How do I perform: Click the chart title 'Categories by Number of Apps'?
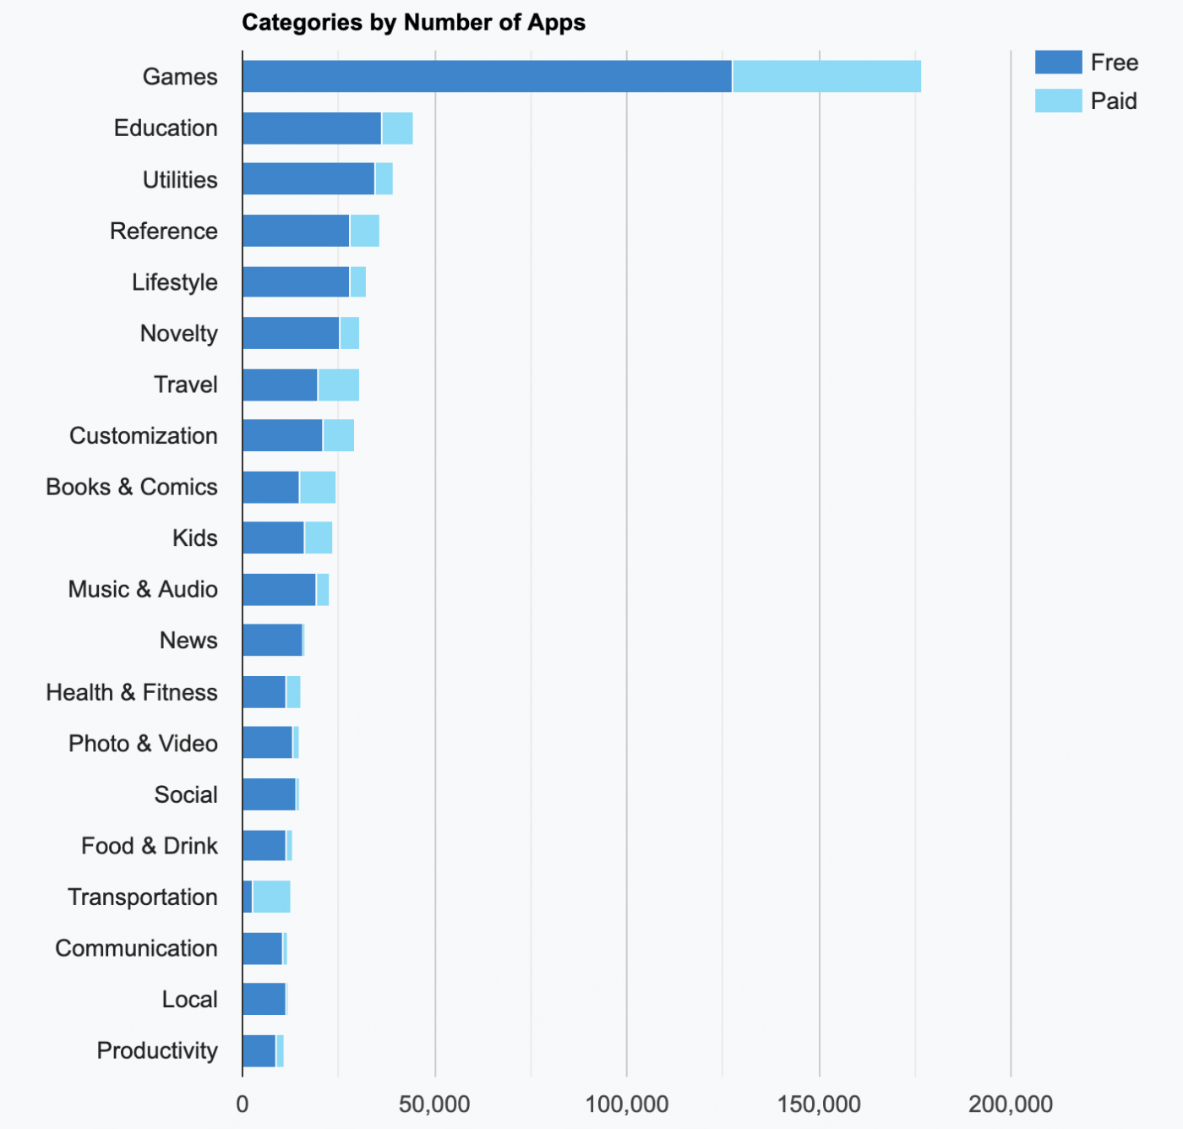[x=413, y=23]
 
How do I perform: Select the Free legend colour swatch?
[x=1058, y=63]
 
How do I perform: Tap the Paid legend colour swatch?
[x=1058, y=101]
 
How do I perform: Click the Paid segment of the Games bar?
[x=826, y=77]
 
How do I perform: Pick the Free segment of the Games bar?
[x=487, y=77]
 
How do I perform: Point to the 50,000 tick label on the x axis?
[x=434, y=1104]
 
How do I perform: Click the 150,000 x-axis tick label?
[x=819, y=1104]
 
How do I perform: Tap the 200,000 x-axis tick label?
[x=1011, y=1104]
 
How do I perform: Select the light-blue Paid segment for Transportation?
[x=271, y=897]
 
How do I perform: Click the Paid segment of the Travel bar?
[x=338, y=385]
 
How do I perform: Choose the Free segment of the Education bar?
[x=311, y=128]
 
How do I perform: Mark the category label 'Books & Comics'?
[x=132, y=488]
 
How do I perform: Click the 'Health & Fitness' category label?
[x=132, y=693]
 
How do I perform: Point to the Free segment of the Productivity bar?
[x=259, y=1051]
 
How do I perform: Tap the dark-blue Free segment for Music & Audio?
[x=279, y=590]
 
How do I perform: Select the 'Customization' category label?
[x=144, y=436]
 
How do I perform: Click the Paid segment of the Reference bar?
[x=364, y=232]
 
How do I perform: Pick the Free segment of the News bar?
[x=272, y=641]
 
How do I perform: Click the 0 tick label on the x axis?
[x=243, y=1104]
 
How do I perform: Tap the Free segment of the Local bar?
[x=264, y=1000]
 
